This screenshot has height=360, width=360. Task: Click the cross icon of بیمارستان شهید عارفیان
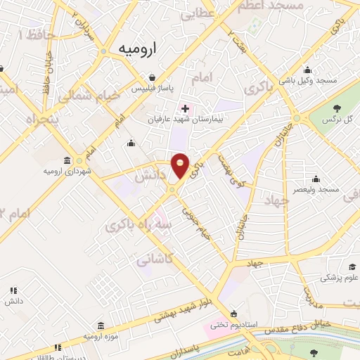185,108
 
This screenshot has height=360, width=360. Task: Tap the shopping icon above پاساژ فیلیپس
153,77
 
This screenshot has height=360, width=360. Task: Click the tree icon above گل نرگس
337,108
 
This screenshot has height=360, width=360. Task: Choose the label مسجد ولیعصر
317,190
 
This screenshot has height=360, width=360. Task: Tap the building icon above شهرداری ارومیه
66,160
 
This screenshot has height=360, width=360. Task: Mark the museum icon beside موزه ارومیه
100,326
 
